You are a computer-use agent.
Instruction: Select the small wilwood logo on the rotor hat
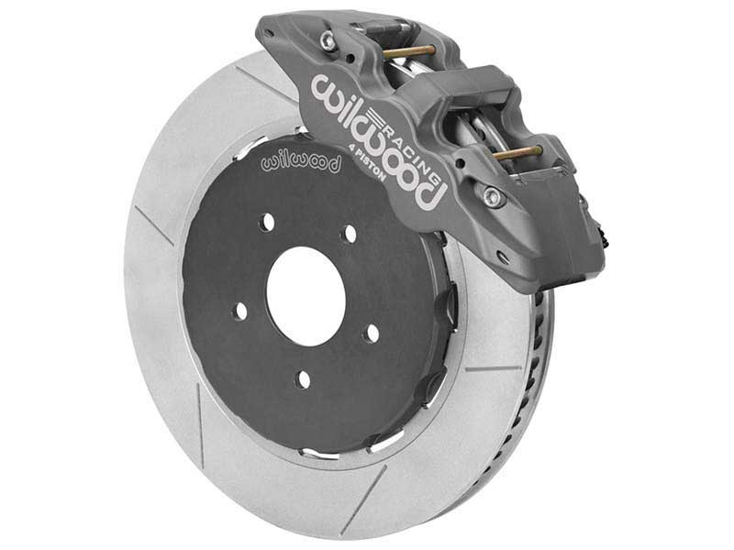tap(301, 162)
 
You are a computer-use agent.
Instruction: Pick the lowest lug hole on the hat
tap(303, 379)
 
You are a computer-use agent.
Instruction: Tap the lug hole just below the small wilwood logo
tap(265, 221)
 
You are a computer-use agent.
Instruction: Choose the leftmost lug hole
tap(240, 311)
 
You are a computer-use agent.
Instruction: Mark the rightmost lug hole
tap(371, 332)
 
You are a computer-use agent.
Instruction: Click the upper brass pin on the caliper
tap(411, 51)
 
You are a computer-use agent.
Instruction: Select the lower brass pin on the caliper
tap(518, 152)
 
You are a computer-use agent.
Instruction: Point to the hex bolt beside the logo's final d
tap(494, 195)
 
